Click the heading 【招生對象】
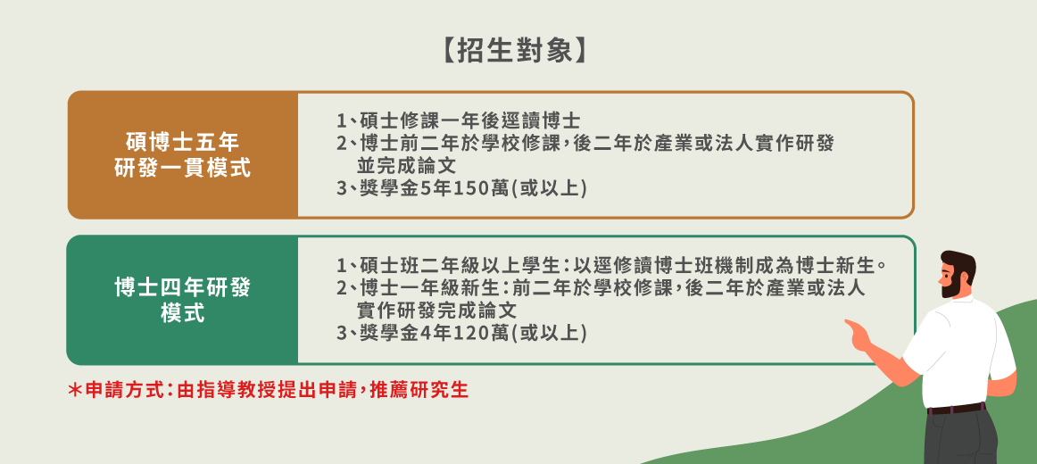pos(514,51)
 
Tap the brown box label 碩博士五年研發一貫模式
pos(183,154)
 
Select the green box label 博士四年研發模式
pos(183,300)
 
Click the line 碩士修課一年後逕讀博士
pos(459,121)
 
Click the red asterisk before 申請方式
pos(75,390)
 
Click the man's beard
pos(951,286)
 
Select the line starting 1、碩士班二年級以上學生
pos(611,267)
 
